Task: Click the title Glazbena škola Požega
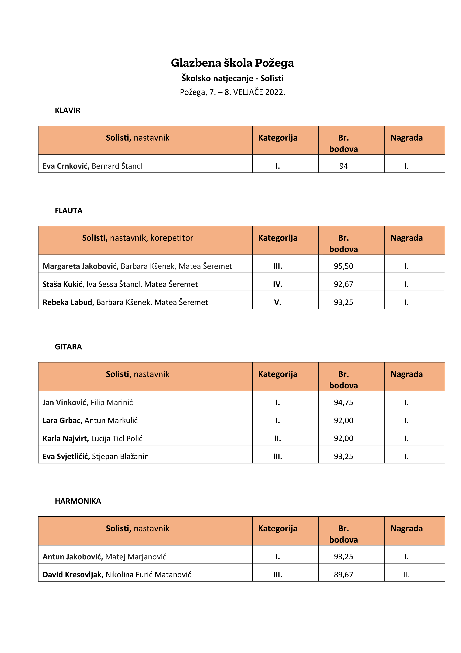pos(232,63)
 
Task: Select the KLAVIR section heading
pos(68,110)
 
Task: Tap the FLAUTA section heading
pos(68,211)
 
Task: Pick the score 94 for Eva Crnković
pos(343,166)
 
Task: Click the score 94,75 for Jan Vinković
pos(343,402)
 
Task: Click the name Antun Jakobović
pos(72,557)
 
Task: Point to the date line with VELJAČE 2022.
pos(232,92)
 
